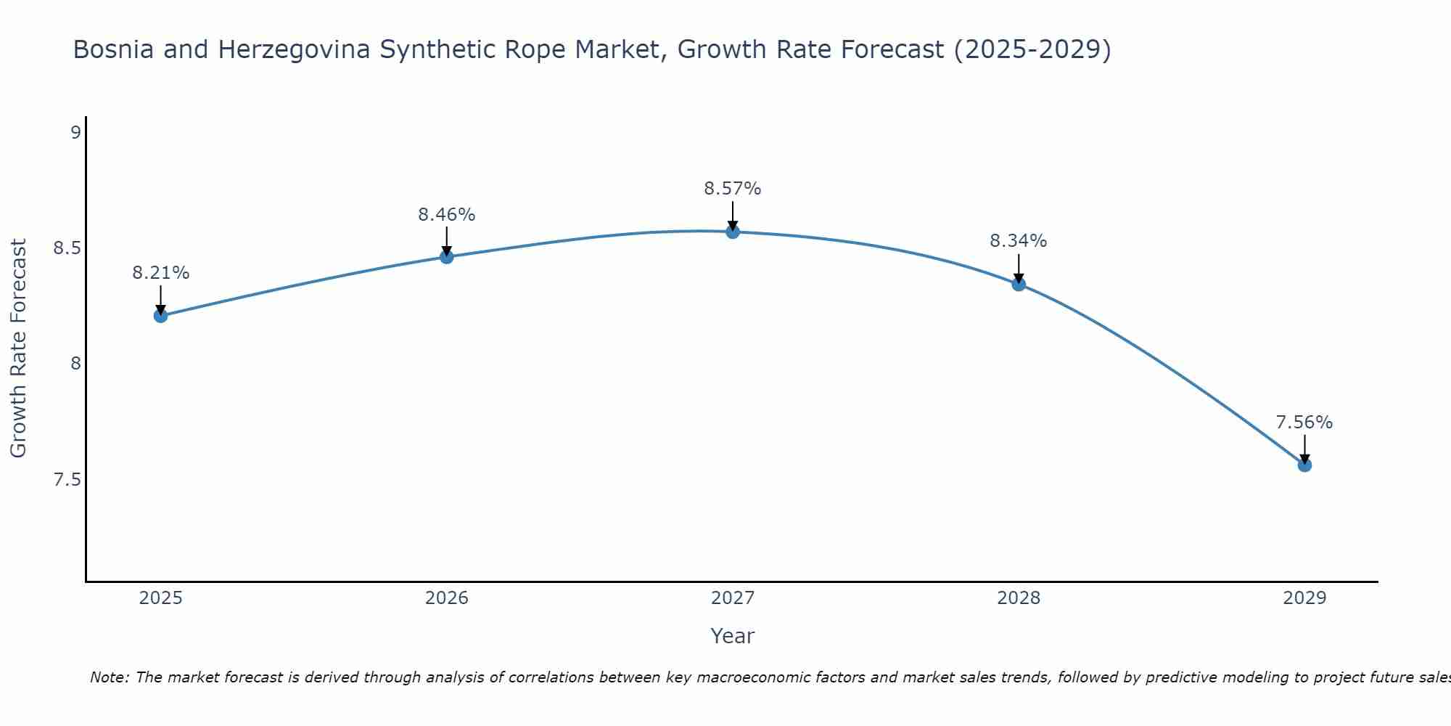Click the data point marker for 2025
coord(160,315)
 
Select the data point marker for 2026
coord(446,257)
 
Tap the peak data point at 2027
coord(733,232)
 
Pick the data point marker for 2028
coord(1019,284)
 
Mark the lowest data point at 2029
coord(1304,465)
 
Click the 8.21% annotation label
coord(160,273)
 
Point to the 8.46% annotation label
coord(446,215)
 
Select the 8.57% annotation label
coord(733,189)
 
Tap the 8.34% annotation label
coord(1019,241)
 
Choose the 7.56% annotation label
coord(1304,423)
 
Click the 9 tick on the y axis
coord(75,133)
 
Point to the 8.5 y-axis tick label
coord(67,248)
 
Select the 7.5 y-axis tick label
coord(67,480)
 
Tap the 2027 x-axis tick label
coord(733,598)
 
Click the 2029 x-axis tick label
coord(1304,598)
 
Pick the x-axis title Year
coord(733,636)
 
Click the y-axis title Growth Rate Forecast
coord(18,348)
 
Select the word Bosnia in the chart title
coord(114,49)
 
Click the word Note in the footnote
coord(107,677)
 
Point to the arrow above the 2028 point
coord(1019,267)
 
